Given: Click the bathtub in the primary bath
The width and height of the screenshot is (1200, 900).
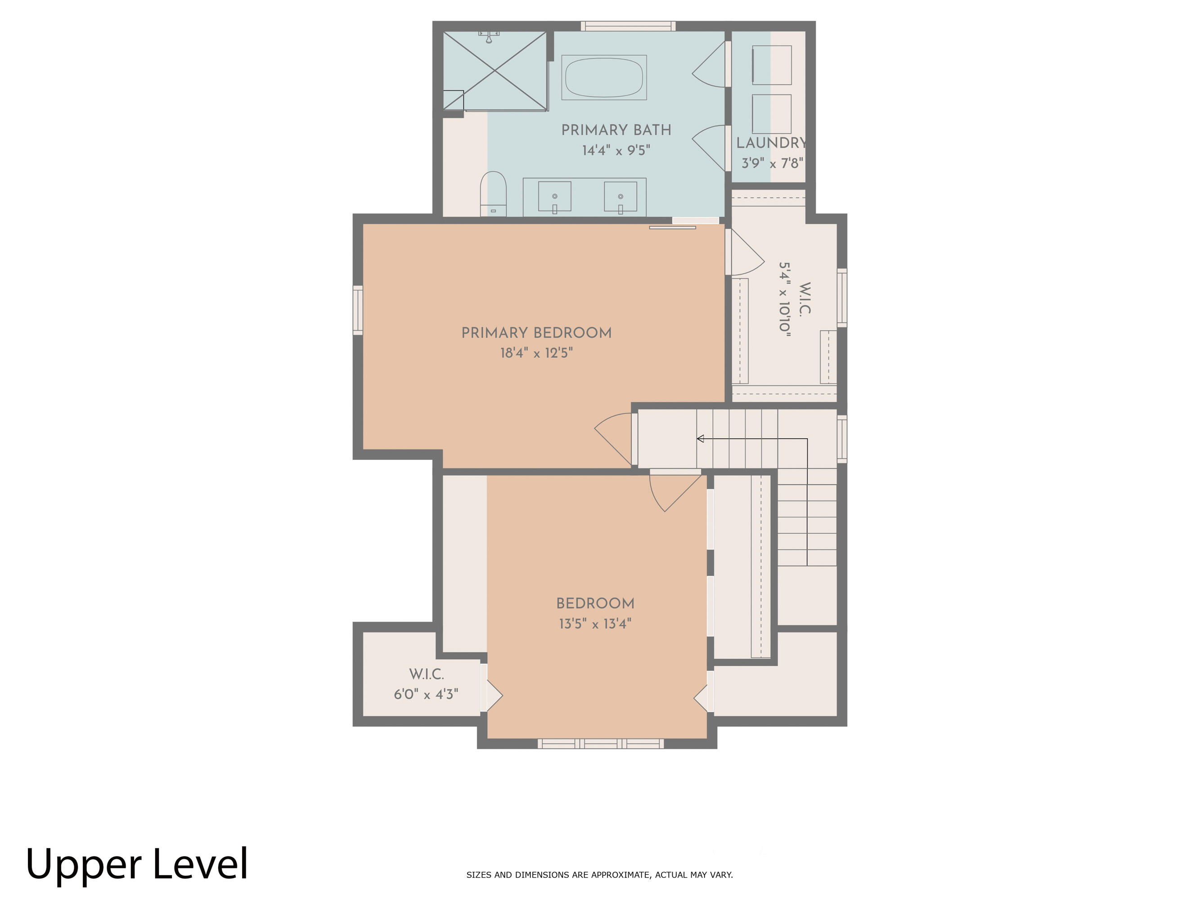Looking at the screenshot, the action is pos(604,77).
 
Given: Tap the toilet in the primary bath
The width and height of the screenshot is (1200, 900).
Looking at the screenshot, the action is pos(493,193).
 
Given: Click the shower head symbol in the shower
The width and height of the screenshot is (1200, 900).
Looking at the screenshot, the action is pos(489,37).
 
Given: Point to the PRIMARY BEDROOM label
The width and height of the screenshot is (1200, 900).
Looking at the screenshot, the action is pos(536,333).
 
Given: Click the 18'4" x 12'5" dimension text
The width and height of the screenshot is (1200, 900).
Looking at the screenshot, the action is pos(536,353).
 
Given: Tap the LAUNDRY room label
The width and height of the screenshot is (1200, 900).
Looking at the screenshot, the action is pos(771,143).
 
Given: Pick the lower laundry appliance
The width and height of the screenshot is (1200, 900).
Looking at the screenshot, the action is pos(771,114).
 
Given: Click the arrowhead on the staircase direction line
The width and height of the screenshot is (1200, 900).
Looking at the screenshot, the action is pos(701,438).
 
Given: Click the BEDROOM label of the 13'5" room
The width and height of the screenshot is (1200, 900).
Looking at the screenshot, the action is pos(595,603).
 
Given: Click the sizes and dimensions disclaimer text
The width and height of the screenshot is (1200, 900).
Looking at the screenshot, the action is pos(599,874).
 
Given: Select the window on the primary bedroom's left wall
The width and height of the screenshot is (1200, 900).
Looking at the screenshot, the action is pos(358,310).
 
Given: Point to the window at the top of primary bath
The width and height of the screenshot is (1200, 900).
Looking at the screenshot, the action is pos(628,26).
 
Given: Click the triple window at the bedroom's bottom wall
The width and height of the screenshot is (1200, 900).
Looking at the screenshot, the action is pos(601,744).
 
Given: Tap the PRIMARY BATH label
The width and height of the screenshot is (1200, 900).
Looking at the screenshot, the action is pos(616,130).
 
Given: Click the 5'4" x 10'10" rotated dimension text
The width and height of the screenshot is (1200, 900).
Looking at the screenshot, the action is pos(784,299).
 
